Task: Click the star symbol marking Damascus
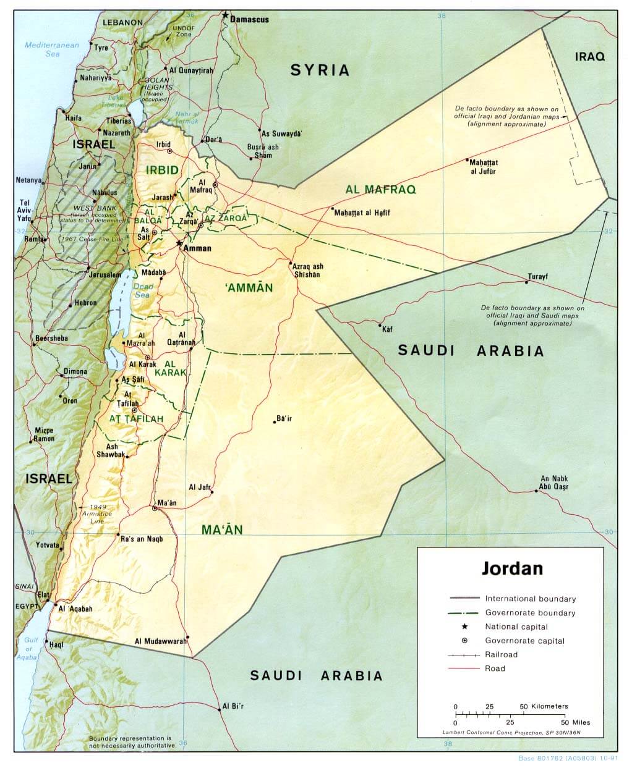tap(226, 15)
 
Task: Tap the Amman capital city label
tap(198, 248)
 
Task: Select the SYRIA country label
tap(320, 70)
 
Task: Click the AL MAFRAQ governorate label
tap(381, 189)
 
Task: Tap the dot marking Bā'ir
tap(275, 422)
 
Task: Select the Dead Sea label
tap(143, 290)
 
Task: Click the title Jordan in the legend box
tap(512, 568)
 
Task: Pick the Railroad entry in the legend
tap(501, 654)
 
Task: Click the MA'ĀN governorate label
tap(222, 529)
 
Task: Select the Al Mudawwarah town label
tap(161, 641)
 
